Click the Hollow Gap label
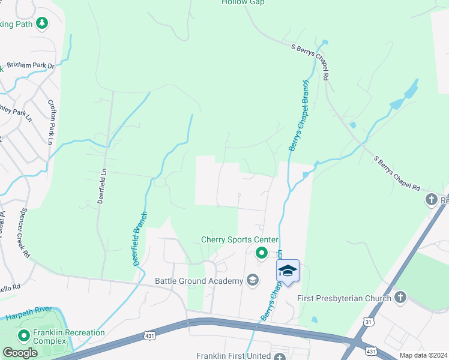pos(243,3)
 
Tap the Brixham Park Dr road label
pos(31,65)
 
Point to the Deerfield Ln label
pos(102,186)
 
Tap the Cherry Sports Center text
pos(240,240)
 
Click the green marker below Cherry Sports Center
pos(261,253)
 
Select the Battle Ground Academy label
pos(198,281)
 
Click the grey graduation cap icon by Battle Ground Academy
pos(253,280)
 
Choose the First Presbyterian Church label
pos(345,298)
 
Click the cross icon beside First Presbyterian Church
pos(400,297)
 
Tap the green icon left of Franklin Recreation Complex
pos(23,336)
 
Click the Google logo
pos(20,353)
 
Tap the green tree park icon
pos(41,23)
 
